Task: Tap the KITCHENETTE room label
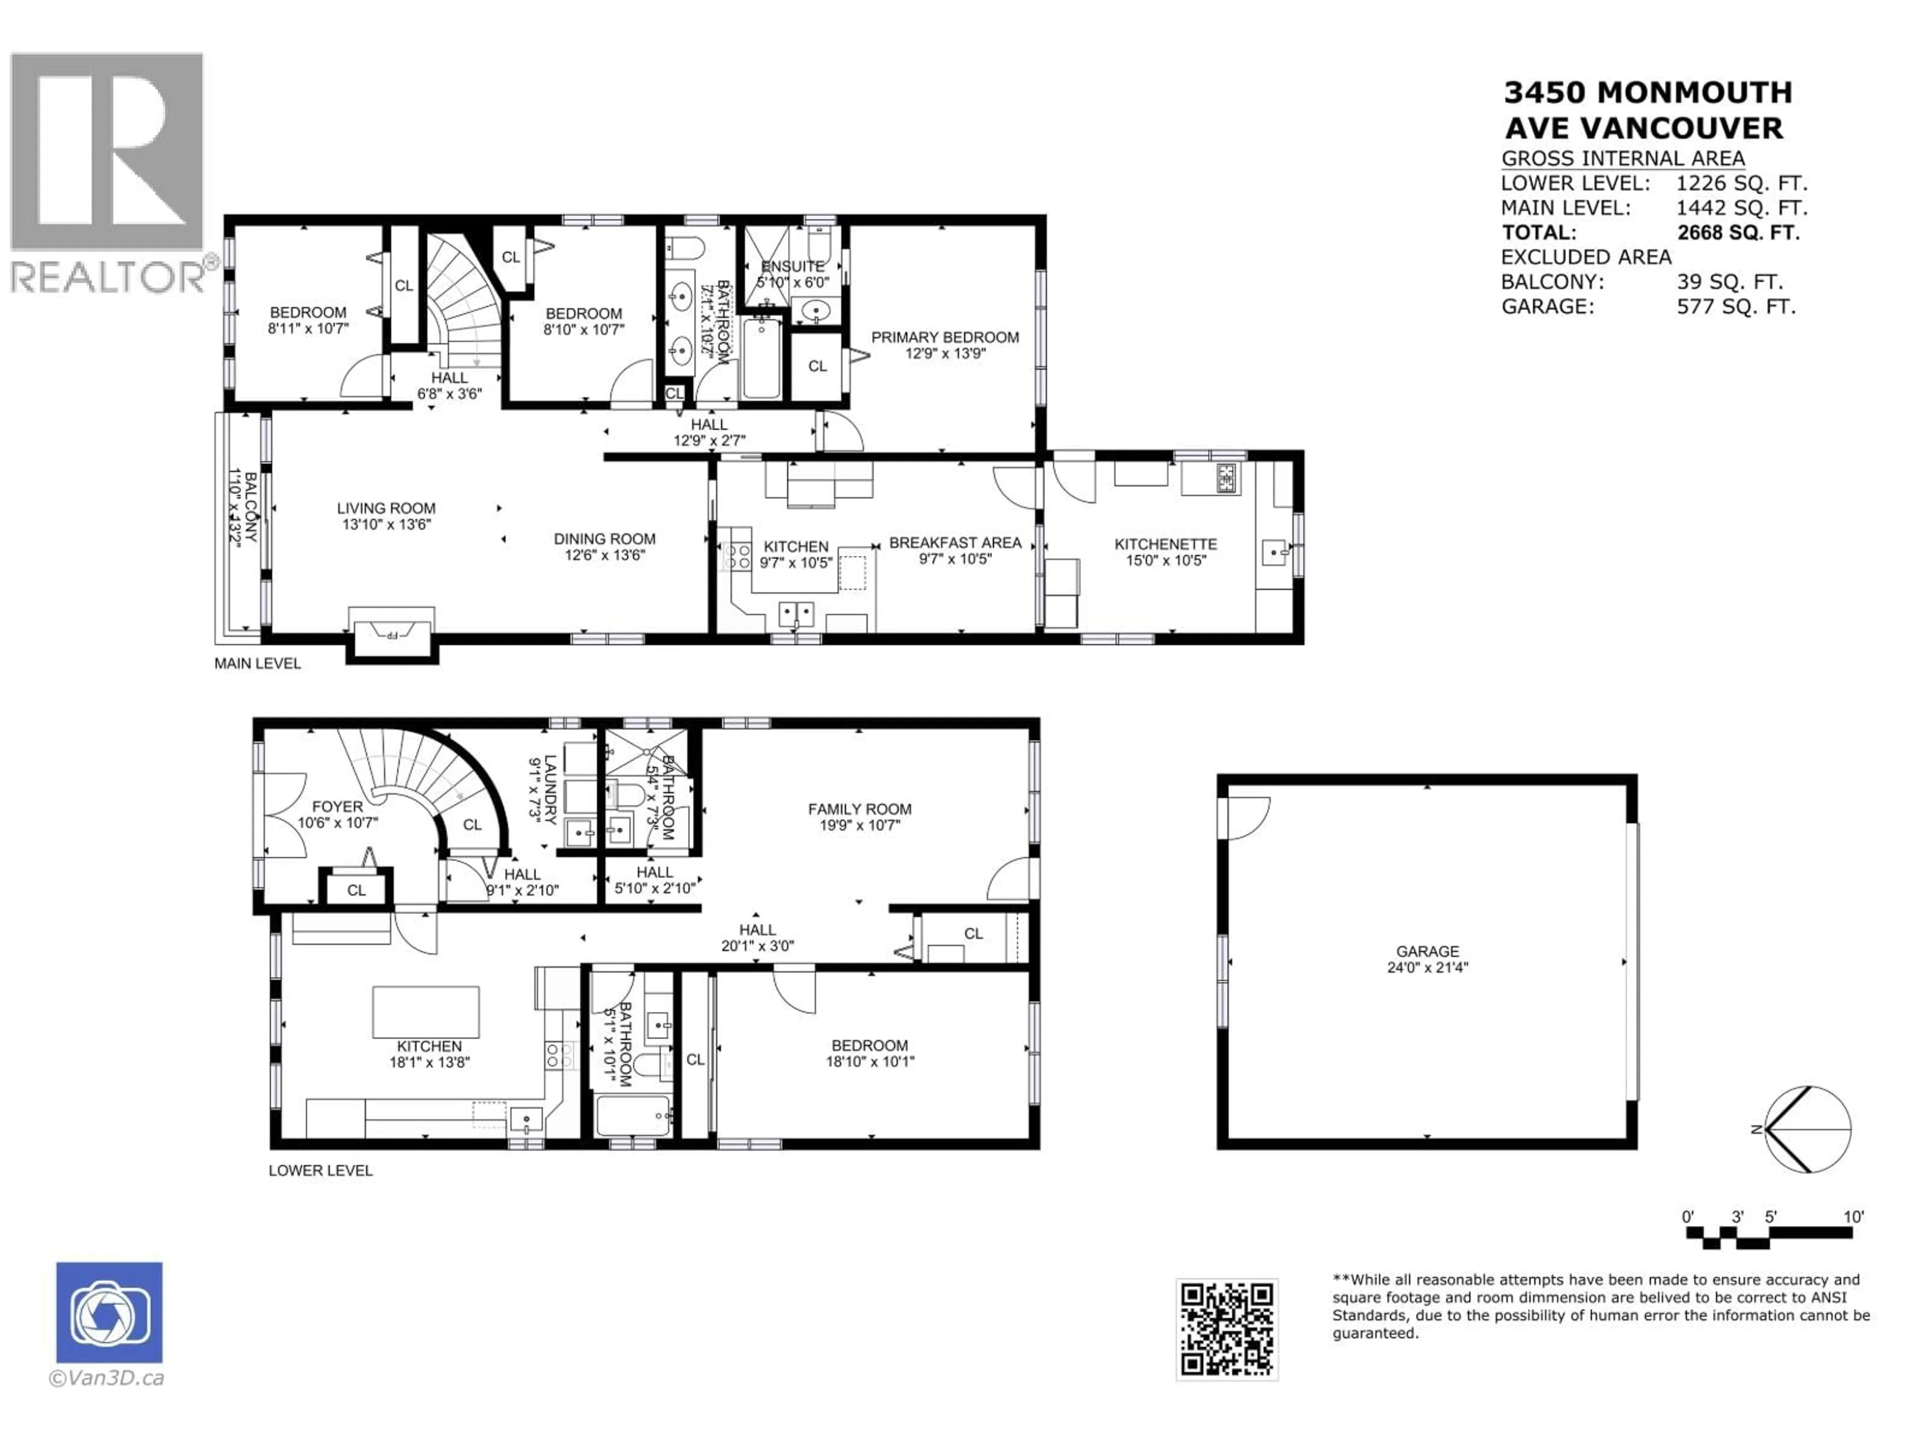pos(1165,544)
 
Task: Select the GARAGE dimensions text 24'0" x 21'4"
pos(1427,967)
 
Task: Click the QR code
pos(1226,1329)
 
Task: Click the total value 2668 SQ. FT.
pos(1738,233)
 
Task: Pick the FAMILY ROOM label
pos(859,809)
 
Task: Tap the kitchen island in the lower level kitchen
pos(426,1011)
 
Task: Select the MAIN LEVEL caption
pos(258,663)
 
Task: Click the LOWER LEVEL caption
pos(320,1171)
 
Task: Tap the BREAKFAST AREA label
pos(954,543)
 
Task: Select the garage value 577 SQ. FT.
pos(1736,306)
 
